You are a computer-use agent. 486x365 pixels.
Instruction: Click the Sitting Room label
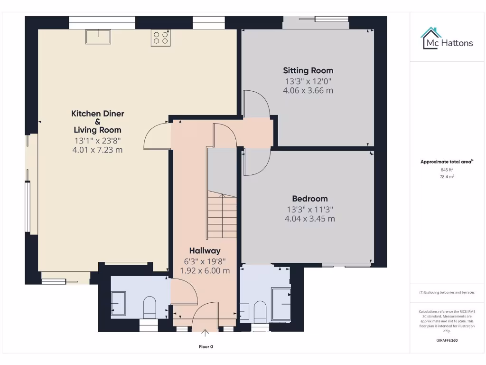308,70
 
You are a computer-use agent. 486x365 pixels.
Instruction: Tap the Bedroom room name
309,199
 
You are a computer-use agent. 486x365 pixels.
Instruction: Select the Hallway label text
205,250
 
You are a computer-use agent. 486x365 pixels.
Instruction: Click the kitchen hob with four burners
161,38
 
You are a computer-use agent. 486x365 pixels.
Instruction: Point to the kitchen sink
98,37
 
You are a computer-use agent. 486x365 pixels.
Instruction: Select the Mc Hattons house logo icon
430,38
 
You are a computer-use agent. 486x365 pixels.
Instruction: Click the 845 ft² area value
446,170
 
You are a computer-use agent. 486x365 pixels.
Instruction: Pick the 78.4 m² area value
446,176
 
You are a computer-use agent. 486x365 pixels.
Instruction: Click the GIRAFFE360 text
446,340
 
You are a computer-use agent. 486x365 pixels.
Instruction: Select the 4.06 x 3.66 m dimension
308,90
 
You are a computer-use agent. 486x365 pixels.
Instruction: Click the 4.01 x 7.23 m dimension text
97,150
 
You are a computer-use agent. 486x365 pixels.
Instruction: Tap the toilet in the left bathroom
150,307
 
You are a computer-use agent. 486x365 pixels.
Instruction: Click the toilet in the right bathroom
260,309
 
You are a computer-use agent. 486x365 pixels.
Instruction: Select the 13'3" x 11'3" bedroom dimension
309,209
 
